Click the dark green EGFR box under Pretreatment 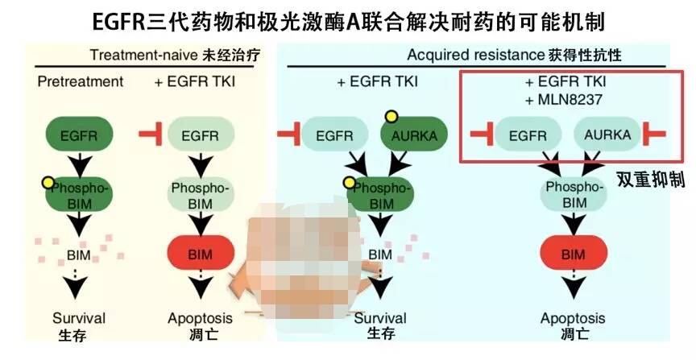click(x=78, y=134)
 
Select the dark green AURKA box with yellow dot click(x=412, y=134)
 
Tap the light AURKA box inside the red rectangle click(x=603, y=134)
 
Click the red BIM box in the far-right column click(x=573, y=254)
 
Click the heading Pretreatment click(x=81, y=81)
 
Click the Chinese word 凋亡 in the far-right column click(x=573, y=333)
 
